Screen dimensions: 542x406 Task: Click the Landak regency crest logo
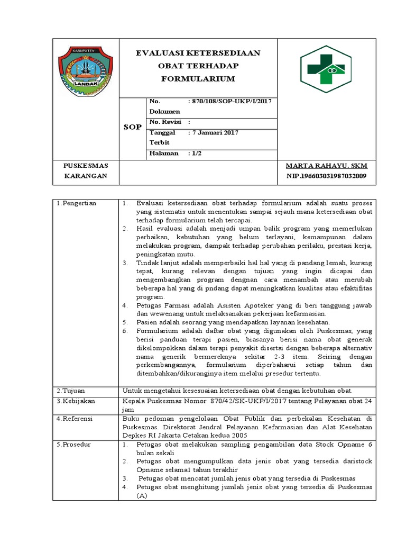click(x=85, y=67)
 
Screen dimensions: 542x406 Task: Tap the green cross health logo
click(x=322, y=68)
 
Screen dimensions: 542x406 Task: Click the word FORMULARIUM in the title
click(x=198, y=78)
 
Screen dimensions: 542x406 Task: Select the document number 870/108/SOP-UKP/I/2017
click(x=230, y=101)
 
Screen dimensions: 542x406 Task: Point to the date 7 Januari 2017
click(x=213, y=132)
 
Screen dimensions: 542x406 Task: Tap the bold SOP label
click(x=132, y=127)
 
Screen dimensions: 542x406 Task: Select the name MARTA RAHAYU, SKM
click(x=326, y=166)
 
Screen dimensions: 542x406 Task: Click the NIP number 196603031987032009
click(x=326, y=176)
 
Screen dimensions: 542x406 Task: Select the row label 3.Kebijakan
click(x=75, y=401)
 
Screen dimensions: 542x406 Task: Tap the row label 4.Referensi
click(x=75, y=418)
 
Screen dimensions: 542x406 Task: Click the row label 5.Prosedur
click(x=73, y=444)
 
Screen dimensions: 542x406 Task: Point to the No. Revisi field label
click(x=165, y=122)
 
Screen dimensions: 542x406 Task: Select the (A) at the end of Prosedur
click(x=141, y=495)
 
